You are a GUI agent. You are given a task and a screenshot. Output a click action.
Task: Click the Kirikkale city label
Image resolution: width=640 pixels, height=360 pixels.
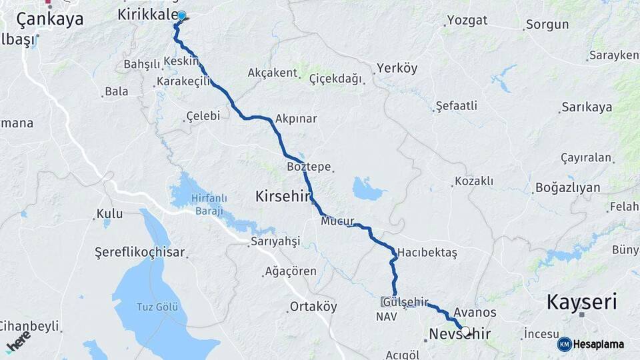pyautogui.click(x=147, y=15)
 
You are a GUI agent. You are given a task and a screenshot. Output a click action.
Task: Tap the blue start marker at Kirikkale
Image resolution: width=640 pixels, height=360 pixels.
pyautogui.click(x=181, y=15)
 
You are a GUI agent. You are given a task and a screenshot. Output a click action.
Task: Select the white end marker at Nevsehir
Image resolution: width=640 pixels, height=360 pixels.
pyautogui.click(x=465, y=331)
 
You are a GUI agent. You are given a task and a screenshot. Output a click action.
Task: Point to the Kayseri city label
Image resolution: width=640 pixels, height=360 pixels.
pyautogui.click(x=582, y=301)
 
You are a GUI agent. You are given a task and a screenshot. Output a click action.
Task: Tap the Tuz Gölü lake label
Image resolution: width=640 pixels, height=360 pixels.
pyautogui.click(x=157, y=307)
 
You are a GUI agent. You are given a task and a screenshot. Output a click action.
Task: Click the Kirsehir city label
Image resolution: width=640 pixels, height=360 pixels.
pyautogui.click(x=283, y=196)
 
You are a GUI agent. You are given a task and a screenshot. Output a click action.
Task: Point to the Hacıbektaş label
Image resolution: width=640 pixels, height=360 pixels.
pyautogui.click(x=427, y=253)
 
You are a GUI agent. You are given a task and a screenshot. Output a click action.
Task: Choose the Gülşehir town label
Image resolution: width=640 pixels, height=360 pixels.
pyautogui.click(x=405, y=301)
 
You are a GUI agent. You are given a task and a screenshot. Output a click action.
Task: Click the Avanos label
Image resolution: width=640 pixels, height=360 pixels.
pyautogui.click(x=475, y=312)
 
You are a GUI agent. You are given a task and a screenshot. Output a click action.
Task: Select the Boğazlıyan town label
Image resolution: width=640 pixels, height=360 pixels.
pyautogui.click(x=567, y=188)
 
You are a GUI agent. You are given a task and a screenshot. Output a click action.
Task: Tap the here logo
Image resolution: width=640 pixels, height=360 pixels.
pyautogui.click(x=18, y=341)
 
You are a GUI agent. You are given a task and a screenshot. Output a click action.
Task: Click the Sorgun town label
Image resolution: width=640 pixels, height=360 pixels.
pyautogui.click(x=547, y=25)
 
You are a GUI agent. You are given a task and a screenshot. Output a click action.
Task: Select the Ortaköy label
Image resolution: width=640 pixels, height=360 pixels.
pyautogui.click(x=313, y=307)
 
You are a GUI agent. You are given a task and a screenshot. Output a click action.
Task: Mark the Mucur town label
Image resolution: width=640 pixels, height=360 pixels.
pyautogui.click(x=337, y=221)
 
